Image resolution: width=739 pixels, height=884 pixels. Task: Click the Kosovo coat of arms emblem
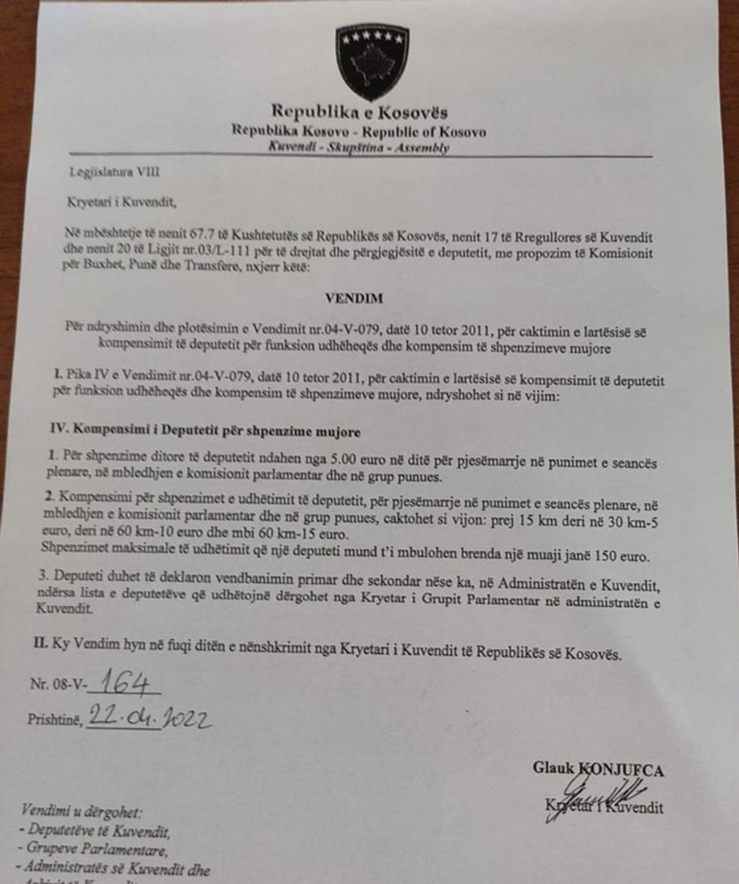tap(373, 62)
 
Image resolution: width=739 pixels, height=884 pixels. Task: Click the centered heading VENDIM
tap(354, 298)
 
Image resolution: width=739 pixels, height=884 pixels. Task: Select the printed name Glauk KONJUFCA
tap(598, 769)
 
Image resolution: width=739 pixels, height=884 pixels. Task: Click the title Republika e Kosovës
tap(359, 114)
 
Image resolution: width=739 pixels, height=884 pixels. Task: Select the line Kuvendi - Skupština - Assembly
tap(359, 148)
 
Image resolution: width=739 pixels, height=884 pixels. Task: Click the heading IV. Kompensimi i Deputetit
tap(204, 433)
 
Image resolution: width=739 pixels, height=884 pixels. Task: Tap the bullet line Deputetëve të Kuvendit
tap(97, 831)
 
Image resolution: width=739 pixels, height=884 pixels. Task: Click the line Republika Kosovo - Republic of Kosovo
tap(359, 132)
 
